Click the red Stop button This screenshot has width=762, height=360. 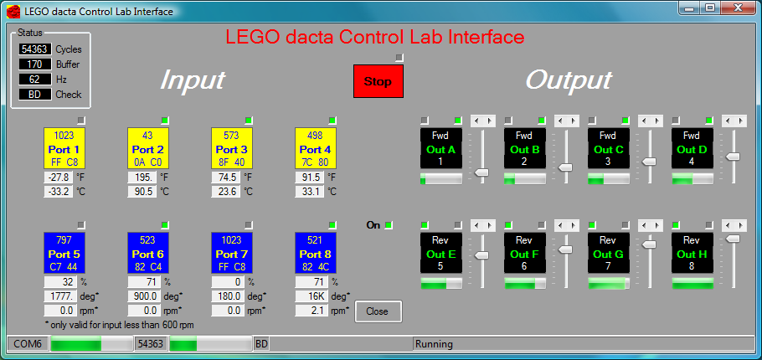tap(378, 82)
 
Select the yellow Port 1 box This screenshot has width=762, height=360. tap(64, 148)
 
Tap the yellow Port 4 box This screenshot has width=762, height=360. tap(316, 148)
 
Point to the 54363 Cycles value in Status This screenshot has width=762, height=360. tap(34, 49)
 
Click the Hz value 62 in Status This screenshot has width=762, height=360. tap(34, 80)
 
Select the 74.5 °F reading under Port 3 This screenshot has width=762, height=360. tap(225, 177)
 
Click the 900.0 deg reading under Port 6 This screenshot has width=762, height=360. tap(142, 296)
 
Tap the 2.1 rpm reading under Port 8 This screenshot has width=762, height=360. tap(310, 310)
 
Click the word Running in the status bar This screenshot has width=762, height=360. tap(434, 344)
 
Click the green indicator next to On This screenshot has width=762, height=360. tap(389, 225)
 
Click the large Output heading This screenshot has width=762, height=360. tap(569, 80)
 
